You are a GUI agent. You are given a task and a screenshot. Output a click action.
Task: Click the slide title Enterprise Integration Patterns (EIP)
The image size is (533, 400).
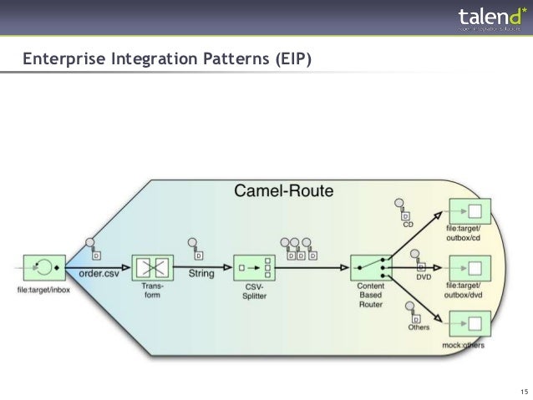(165, 59)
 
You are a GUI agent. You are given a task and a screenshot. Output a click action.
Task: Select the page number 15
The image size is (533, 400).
(523, 392)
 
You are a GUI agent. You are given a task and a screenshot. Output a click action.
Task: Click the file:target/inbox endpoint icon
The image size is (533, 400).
(39, 268)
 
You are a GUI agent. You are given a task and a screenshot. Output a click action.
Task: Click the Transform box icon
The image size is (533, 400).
(152, 268)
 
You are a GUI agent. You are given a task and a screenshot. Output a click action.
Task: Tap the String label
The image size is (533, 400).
(201, 273)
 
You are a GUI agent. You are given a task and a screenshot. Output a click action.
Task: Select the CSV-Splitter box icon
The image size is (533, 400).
(254, 268)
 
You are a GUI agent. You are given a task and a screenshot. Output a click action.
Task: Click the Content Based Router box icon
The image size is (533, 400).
(371, 268)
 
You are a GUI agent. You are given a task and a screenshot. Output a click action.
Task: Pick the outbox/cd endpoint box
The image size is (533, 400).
(470, 211)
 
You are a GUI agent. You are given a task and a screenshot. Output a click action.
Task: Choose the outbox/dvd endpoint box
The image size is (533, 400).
(470, 268)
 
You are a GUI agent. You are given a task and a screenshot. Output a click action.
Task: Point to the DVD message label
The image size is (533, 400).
(423, 276)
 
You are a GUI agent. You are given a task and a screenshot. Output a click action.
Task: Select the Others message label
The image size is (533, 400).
(419, 327)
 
